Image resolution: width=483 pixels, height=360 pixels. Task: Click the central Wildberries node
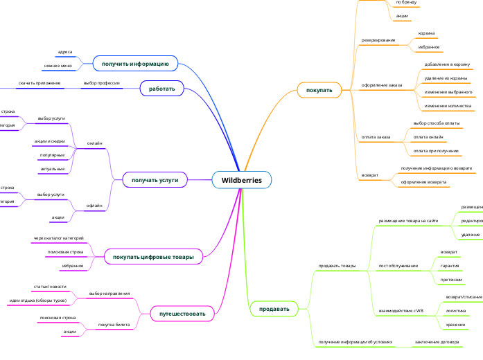[x=241, y=180]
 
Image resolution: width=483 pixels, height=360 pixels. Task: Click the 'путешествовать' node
[x=182, y=314]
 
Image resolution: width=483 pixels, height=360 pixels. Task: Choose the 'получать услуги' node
[x=150, y=180]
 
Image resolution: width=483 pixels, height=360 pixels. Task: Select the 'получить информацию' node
[x=135, y=64]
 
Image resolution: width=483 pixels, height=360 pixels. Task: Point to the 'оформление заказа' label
[x=382, y=85]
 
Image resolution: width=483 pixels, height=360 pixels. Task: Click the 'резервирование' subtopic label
[x=378, y=40]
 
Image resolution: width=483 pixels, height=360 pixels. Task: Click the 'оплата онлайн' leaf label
[x=428, y=137]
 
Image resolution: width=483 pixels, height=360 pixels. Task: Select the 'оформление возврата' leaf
[x=423, y=182]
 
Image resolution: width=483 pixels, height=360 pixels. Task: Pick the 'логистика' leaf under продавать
[x=455, y=312]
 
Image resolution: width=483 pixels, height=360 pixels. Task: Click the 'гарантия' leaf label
[x=450, y=265]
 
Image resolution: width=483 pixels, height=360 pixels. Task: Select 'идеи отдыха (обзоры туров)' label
[x=37, y=300]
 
